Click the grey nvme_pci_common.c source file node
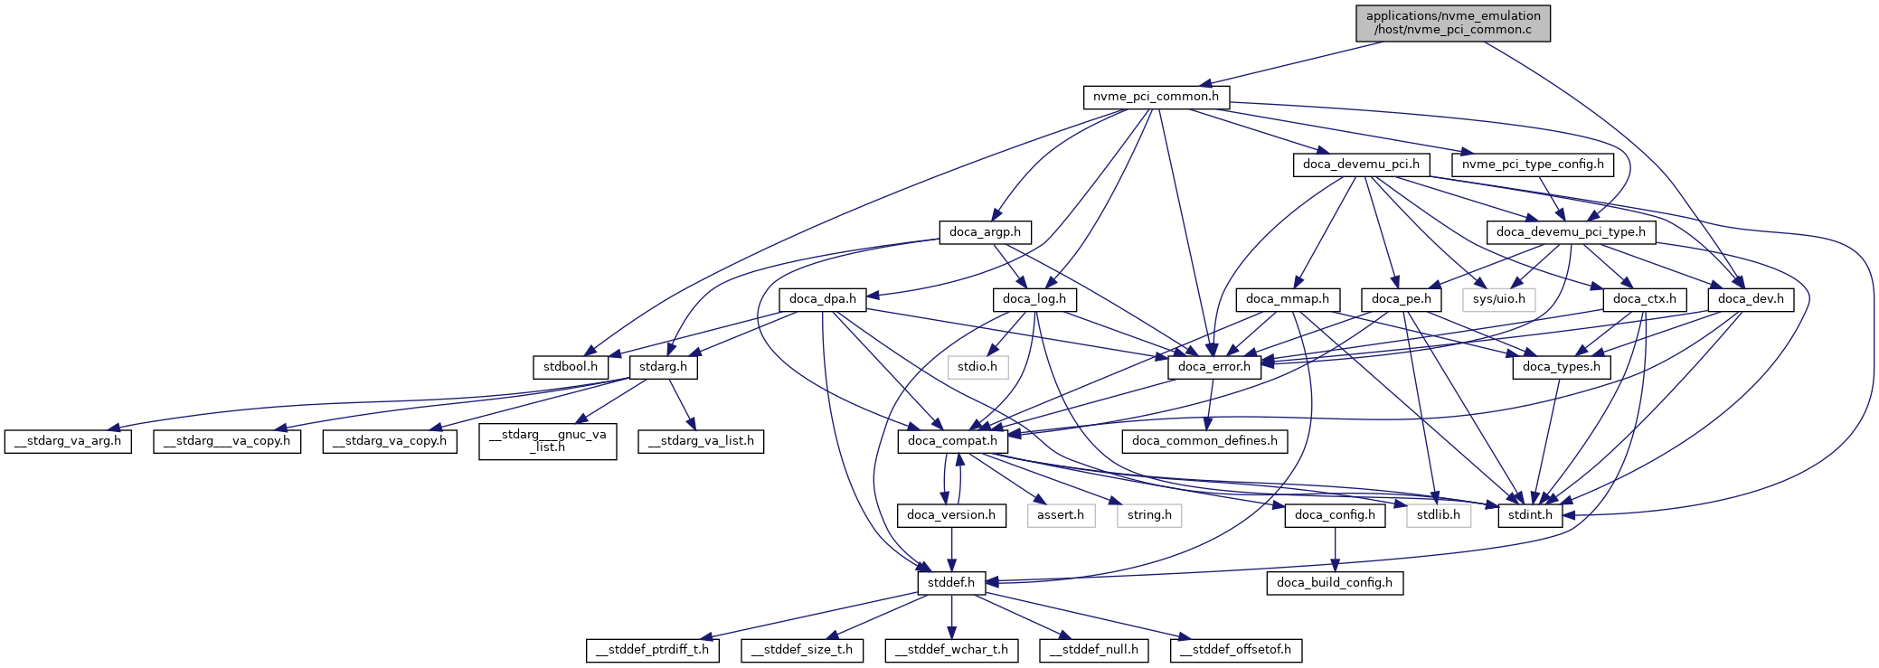point(1452,23)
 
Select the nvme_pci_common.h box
point(1156,97)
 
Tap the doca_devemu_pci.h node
point(1361,165)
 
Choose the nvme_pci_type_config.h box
point(1533,165)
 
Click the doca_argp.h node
point(985,232)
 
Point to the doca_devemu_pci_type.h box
point(1571,232)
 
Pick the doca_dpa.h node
point(822,299)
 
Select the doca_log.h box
point(1034,299)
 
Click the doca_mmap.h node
point(1287,299)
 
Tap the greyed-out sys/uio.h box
point(1498,299)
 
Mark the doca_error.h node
point(1213,367)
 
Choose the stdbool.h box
point(570,367)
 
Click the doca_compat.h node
point(952,441)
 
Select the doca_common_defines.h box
point(1204,441)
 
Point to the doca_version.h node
point(950,515)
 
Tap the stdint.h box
point(1529,515)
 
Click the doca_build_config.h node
point(1334,583)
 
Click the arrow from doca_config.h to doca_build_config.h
point(1335,549)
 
